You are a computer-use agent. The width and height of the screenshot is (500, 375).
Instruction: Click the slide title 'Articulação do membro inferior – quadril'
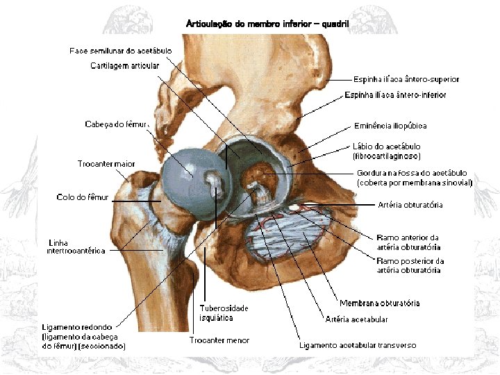pos(268,24)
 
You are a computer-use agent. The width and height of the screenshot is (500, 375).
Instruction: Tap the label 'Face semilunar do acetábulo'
pos(121,51)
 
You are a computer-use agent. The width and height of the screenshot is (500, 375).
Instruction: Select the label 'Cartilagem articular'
pos(125,66)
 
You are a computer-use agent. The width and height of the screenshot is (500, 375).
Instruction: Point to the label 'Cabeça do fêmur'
pos(116,124)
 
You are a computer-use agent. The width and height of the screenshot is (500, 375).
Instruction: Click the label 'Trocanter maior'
pos(106,164)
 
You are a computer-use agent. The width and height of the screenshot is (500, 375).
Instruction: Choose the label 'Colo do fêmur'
pos(83,198)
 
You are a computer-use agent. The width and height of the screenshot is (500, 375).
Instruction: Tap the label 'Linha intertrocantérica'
pos(76,247)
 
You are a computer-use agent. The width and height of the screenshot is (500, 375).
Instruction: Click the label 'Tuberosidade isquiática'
pos(224,312)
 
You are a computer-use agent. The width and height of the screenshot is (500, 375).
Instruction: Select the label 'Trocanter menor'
pos(219,340)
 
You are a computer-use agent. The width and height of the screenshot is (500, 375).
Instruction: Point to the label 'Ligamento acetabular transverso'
pos(358,345)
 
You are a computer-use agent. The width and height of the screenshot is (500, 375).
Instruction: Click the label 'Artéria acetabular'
pos(356,319)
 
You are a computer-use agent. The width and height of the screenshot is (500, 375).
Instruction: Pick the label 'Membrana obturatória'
pos(379,303)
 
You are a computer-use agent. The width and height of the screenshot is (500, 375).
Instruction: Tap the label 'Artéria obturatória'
pos(410,205)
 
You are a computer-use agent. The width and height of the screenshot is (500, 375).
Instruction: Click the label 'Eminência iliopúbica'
pos(390,126)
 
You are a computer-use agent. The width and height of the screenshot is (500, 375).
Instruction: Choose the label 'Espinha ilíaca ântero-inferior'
pos(395,95)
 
